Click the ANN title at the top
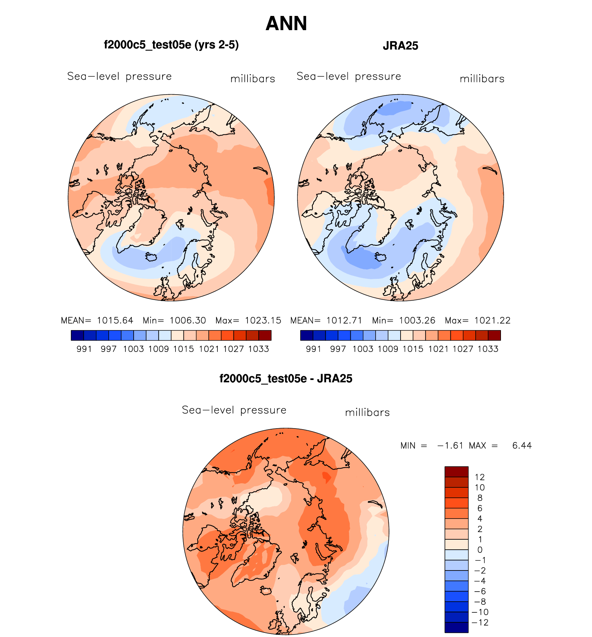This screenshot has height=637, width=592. (286, 24)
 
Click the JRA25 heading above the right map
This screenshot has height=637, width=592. (401, 46)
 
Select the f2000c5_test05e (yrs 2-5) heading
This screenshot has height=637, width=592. (171, 45)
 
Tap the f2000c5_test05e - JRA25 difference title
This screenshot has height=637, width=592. (286, 379)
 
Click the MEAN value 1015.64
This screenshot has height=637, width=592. (115, 320)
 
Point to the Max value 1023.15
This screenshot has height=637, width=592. (263, 320)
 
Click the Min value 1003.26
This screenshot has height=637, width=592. (417, 320)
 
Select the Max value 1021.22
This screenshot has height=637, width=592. (492, 320)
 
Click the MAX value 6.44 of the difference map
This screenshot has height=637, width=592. (522, 445)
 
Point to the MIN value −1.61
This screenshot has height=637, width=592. (450, 445)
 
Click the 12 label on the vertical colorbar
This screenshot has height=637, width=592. (480, 477)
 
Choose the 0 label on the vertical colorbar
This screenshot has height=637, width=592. (480, 550)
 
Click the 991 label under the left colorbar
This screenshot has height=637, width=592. (84, 349)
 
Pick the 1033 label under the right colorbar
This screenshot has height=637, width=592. (488, 349)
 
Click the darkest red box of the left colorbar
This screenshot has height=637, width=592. (265, 335)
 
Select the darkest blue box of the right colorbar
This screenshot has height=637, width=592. (307, 335)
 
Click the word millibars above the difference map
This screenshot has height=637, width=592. (367, 413)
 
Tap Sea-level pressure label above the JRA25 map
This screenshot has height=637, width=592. (349, 77)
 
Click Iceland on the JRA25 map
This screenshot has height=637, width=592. (380, 257)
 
